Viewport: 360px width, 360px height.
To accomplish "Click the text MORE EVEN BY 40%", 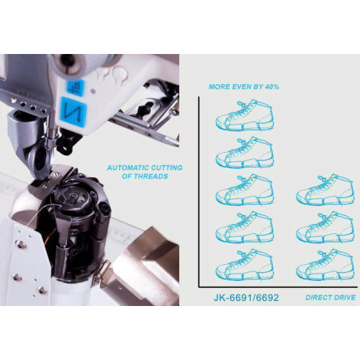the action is click(244, 86).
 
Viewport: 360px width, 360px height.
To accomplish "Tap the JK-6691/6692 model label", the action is click(246, 297).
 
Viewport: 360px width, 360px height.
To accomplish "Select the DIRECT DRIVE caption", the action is click(330, 297).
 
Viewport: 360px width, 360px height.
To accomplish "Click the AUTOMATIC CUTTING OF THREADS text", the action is click(145, 172).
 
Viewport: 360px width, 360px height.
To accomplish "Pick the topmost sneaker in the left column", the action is click(245, 116).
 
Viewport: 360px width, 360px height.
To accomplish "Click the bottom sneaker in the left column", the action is click(245, 264).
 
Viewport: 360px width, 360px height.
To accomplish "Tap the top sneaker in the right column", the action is click(325, 190).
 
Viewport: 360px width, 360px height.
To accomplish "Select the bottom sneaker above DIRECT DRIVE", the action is click(325, 264).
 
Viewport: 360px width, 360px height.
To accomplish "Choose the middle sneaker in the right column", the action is click(325, 228).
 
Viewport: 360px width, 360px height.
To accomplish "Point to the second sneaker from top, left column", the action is click(245, 153).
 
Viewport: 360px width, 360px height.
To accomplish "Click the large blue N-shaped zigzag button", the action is click(73, 112).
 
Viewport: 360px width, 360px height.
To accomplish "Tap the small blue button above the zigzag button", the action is click(75, 88).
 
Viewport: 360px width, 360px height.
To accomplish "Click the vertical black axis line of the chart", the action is click(199, 192).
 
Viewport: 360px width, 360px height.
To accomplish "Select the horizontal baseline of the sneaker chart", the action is click(278, 287).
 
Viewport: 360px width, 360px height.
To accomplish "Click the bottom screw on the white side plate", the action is click(43, 290).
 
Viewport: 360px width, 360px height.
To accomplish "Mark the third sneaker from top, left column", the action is click(245, 190).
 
